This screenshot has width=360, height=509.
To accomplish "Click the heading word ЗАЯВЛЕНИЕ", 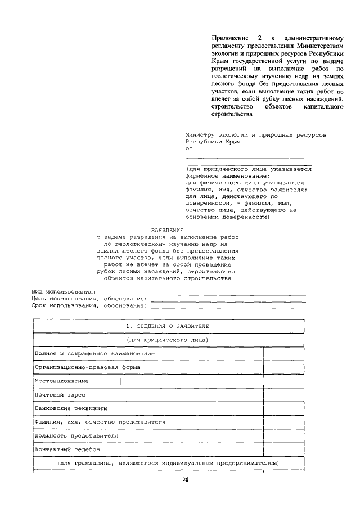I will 167,230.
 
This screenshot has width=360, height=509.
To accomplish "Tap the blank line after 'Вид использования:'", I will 202,293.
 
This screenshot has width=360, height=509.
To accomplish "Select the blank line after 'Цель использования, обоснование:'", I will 228,300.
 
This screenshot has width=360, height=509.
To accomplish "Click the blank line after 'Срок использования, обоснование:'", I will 228,307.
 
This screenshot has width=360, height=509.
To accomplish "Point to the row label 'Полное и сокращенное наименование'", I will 94,353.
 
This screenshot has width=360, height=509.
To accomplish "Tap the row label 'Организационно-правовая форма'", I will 87,367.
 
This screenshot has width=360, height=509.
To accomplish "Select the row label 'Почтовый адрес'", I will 60,395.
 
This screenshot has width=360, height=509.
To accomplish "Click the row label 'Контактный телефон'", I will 67,449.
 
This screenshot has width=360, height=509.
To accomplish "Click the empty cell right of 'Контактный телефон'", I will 283,449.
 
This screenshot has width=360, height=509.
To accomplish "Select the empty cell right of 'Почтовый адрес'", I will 283,395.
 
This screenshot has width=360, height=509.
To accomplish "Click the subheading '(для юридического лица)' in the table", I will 168,340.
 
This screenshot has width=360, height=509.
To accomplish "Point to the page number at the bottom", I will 184,480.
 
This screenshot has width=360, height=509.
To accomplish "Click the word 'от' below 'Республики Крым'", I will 189,150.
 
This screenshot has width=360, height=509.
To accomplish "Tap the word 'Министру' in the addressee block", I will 200,135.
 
